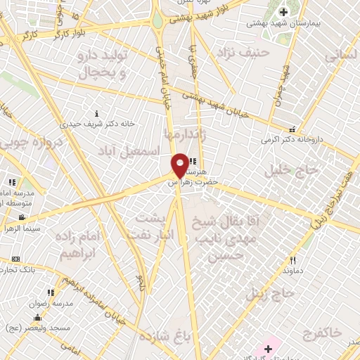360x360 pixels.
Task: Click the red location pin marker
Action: (180, 165)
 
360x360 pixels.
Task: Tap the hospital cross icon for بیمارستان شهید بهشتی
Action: (283, 12)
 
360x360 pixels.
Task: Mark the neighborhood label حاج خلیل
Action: (282, 170)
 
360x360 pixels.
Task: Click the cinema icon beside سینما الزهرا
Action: (22, 217)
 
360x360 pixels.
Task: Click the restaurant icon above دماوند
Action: (291, 259)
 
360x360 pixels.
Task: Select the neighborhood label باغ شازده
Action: (166, 335)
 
